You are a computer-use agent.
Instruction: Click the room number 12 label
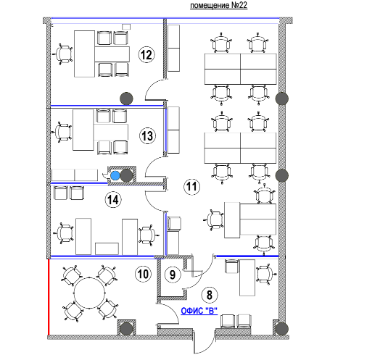[x=146, y=54]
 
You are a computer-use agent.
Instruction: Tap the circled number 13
[x=147, y=135]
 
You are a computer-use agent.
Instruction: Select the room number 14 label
[x=113, y=200]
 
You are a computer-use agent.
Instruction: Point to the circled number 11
[x=191, y=186]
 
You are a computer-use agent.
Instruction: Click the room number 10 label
[x=144, y=274]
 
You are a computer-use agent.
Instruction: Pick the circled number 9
[x=173, y=275]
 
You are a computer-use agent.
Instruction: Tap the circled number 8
[x=210, y=295]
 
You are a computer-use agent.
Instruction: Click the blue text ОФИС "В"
[x=199, y=311]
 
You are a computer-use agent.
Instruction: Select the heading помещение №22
[x=218, y=6]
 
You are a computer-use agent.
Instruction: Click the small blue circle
[x=115, y=175]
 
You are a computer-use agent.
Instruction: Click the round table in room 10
[x=89, y=293]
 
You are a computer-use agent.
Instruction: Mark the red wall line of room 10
[x=49, y=297]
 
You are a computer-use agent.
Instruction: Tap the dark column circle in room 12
[x=126, y=99]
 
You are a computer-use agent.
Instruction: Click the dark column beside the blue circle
[x=126, y=175]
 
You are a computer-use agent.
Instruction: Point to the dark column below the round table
[x=126, y=329]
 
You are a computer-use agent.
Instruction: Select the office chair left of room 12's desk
[x=62, y=54]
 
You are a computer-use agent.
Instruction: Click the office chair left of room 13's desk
[x=62, y=132]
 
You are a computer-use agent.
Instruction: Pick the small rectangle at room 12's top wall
[x=126, y=27]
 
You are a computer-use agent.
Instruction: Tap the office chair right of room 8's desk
[x=266, y=275]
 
